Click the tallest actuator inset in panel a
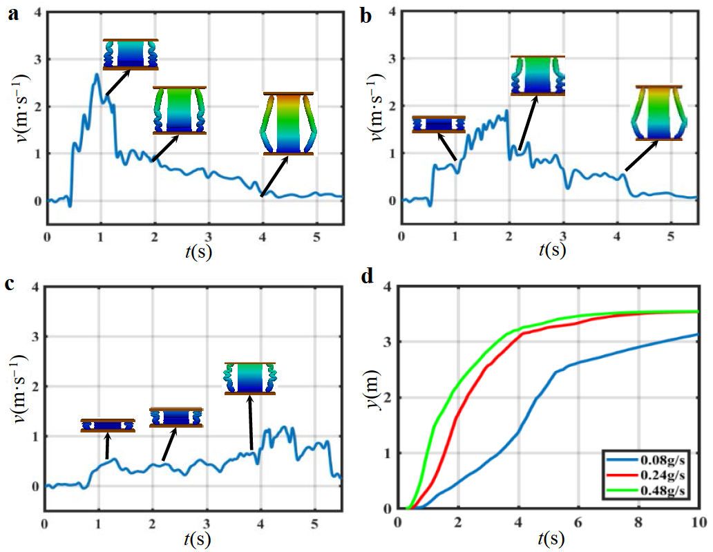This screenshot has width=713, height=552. [x=288, y=124]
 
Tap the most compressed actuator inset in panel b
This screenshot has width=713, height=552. [x=439, y=124]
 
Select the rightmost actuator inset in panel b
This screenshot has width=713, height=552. [x=658, y=113]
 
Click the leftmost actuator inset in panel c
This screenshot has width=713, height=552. [x=108, y=426]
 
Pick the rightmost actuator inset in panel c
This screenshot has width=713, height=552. [x=250, y=378]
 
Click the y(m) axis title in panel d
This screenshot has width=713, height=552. [x=374, y=396]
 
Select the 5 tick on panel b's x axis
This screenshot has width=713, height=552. [x=670, y=236]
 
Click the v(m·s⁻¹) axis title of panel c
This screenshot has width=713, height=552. [x=19, y=396]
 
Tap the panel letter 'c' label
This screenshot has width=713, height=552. [x=12, y=284]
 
